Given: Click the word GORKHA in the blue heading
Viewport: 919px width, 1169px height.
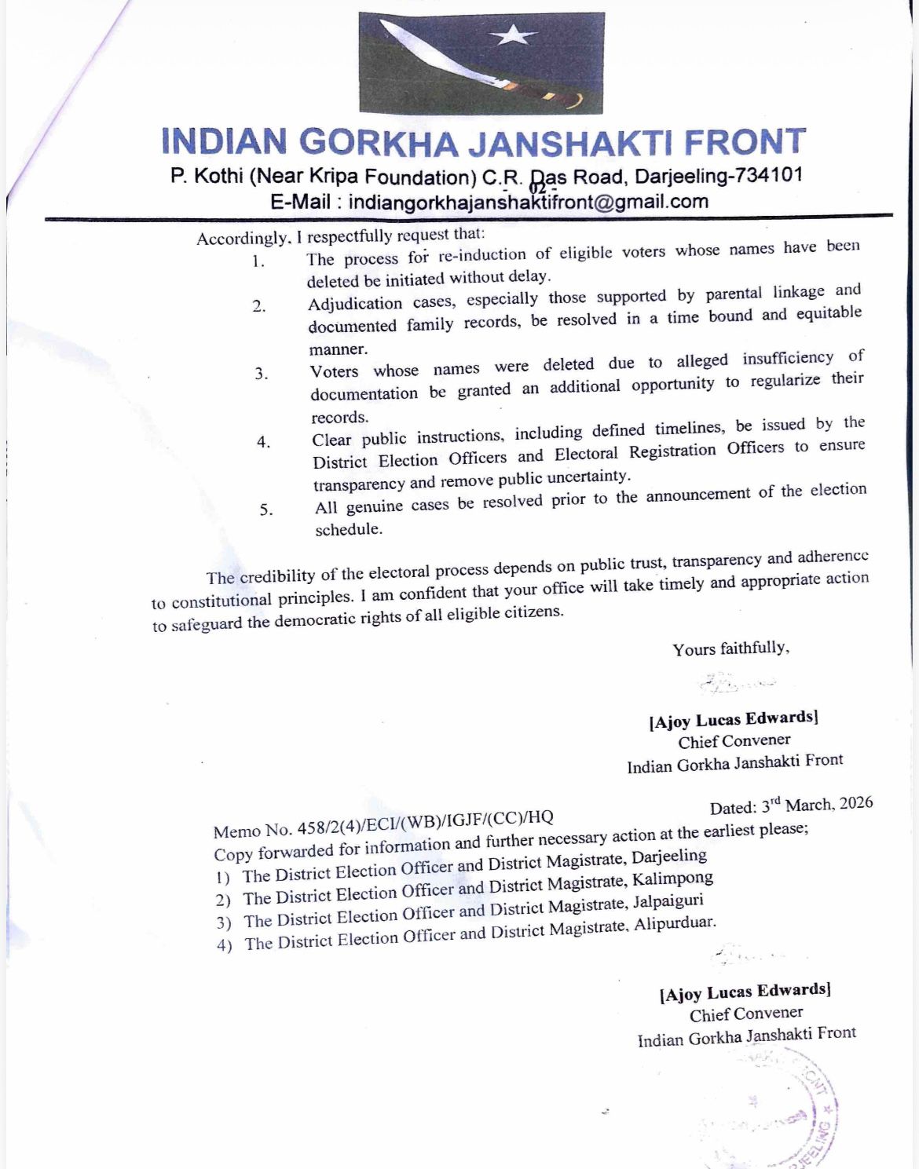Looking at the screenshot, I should (x=379, y=142).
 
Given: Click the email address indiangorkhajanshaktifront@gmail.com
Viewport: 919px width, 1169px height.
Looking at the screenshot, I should (x=528, y=202).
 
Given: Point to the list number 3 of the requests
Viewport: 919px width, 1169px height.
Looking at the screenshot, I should (x=262, y=374).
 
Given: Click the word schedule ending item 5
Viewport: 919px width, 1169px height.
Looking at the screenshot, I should (x=349, y=529).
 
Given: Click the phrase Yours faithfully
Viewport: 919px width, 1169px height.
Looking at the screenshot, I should (x=730, y=648).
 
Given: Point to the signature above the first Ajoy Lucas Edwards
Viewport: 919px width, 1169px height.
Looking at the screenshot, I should (x=734, y=683).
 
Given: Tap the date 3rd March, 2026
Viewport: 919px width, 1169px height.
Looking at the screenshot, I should (x=816, y=805).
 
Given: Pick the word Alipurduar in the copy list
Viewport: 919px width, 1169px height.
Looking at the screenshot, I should (x=676, y=924).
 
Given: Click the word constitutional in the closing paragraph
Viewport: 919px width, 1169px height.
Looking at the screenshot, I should (x=222, y=601).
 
